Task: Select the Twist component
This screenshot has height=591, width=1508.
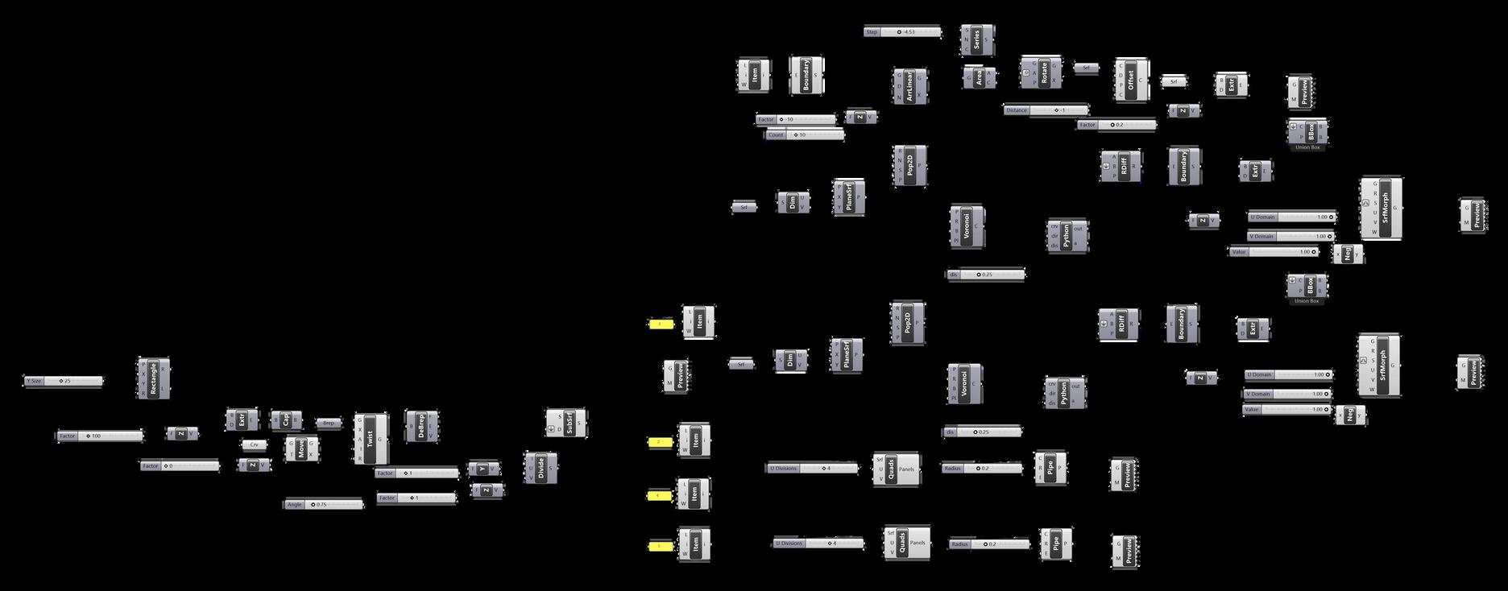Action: click(371, 439)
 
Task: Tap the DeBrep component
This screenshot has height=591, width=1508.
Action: click(420, 426)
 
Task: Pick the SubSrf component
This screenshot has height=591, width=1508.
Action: click(570, 424)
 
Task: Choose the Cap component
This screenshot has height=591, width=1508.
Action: click(286, 419)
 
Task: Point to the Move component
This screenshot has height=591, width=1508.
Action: click(301, 448)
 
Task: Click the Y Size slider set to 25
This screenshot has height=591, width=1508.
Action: click(64, 381)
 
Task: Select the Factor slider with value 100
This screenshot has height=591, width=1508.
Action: click(100, 436)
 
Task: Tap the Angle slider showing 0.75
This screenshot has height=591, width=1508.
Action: click(323, 505)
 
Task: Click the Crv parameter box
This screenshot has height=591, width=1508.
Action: click(255, 444)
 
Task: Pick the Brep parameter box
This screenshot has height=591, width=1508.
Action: click(328, 423)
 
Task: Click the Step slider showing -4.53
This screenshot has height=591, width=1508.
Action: click(902, 32)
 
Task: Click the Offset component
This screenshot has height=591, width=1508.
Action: click(1130, 80)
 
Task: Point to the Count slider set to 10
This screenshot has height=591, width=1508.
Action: click(805, 135)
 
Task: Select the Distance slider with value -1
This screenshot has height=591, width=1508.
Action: click(1046, 110)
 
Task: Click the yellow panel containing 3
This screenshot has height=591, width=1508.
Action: click(660, 324)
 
